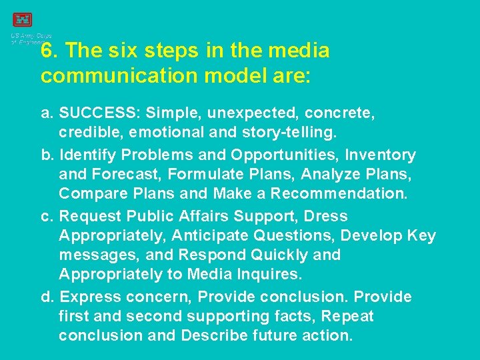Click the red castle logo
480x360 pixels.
[x=22, y=20]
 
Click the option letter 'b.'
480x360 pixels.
[x=47, y=155]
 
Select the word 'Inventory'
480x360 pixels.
[x=380, y=155]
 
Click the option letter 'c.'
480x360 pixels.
[x=47, y=217]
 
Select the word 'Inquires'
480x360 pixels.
[x=269, y=275]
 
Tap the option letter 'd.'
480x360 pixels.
[x=47, y=297]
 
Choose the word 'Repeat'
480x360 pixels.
[x=347, y=316]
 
